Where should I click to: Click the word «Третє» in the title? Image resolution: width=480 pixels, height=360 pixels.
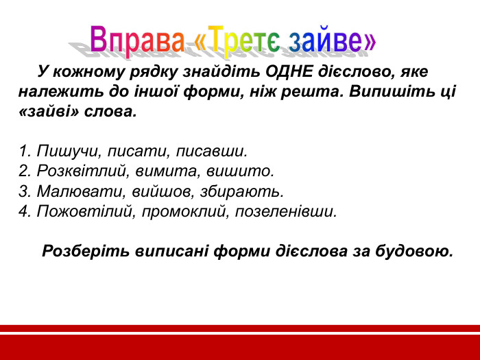coord(237,40)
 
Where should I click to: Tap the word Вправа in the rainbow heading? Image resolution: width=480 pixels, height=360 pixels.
coord(137,40)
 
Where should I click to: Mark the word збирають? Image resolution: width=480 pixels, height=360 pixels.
coord(243,191)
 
